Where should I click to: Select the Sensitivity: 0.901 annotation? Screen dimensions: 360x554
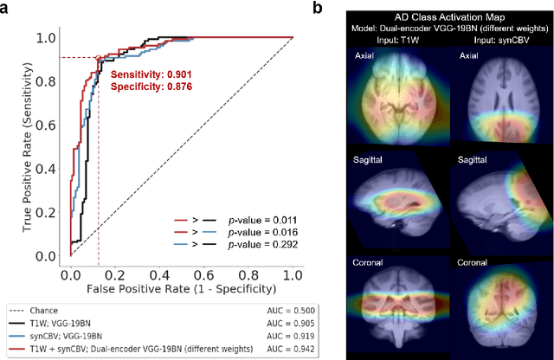point(151,75)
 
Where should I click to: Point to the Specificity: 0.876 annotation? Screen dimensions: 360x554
point(151,87)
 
